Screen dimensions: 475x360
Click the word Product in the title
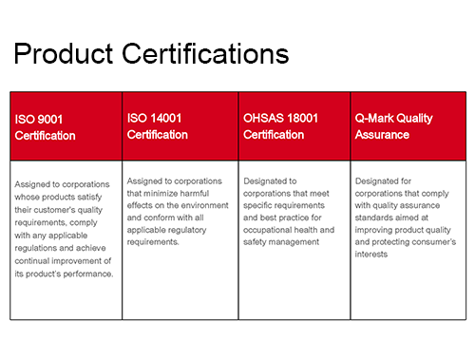click(x=64, y=53)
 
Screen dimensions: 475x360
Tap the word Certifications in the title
click(x=205, y=53)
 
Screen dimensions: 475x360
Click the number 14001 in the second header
click(x=165, y=118)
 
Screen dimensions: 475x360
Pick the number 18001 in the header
click(x=303, y=118)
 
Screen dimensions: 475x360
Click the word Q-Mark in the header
click(x=373, y=118)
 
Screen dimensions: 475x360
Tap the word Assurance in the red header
click(x=382, y=135)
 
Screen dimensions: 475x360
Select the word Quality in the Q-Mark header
click(x=414, y=119)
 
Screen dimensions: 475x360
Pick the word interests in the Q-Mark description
click(x=371, y=255)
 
